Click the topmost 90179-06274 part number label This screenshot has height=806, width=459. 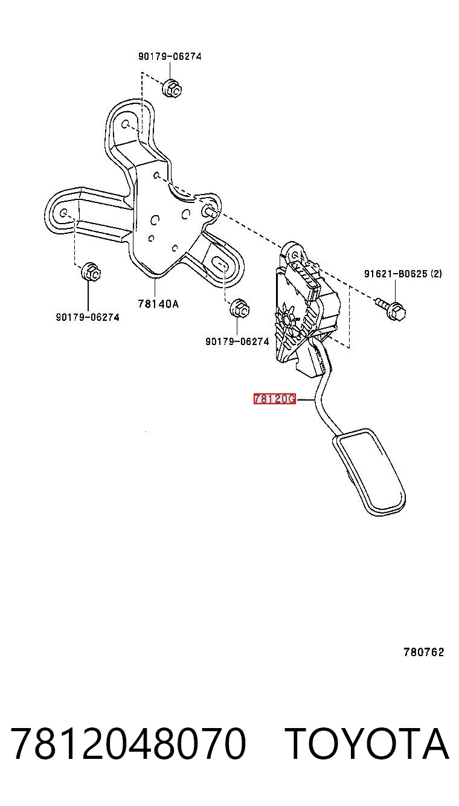170,56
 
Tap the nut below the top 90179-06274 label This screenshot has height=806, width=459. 172,88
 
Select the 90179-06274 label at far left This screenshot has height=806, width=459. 88,317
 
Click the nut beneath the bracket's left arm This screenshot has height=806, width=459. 91,272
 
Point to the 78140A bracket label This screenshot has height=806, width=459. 158,304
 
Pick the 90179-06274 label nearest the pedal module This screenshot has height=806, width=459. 237,341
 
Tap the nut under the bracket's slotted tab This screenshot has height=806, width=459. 240,308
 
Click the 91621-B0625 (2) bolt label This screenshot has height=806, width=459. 403,274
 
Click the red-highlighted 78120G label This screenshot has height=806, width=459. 274,399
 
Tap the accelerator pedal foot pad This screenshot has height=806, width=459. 369,472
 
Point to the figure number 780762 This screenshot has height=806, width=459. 424,652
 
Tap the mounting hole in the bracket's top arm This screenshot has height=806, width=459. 126,124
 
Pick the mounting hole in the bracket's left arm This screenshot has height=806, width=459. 63,212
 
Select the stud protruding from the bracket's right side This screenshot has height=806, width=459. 210,211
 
